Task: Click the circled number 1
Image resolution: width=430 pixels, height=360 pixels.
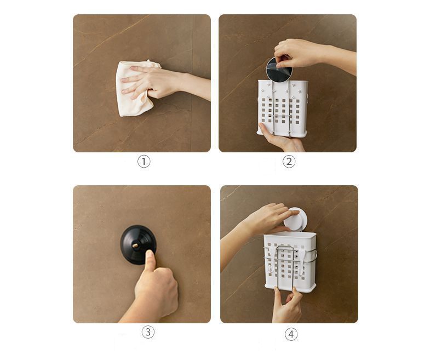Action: (x=144, y=161)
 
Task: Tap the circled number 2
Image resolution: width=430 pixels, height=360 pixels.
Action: (x=289, y=161)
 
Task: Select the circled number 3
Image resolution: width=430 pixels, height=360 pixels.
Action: (x=148, y=332)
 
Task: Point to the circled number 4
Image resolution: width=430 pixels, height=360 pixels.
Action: (x=291, y=334)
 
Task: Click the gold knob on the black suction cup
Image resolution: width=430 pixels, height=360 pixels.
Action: (x=135, y=245)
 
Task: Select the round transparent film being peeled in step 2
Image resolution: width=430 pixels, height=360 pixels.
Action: (x=279, y=70)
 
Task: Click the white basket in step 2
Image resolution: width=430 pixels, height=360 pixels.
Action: (x=283, y=108)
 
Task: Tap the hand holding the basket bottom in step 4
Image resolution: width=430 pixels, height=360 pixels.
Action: (x=286, y=306)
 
